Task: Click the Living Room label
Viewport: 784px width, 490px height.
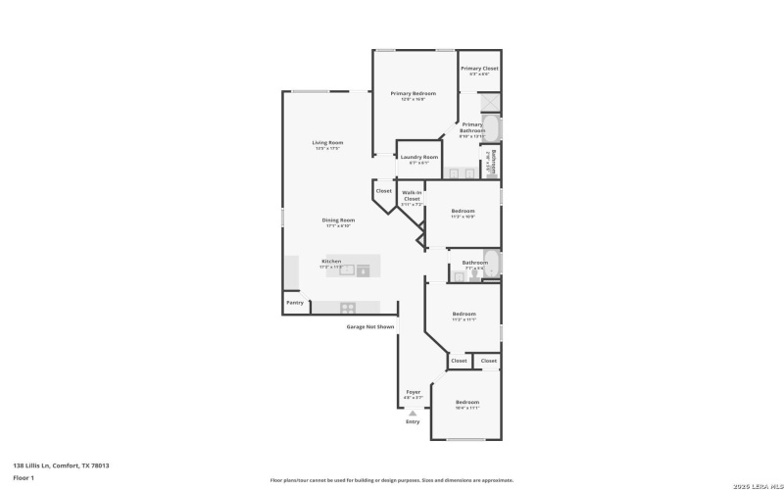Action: (x=326, y=143)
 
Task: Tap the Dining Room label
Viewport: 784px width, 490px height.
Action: (x=338, y=220)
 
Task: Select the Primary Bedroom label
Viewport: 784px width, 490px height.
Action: (x=413, y=94)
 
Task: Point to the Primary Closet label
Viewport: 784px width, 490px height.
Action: (x=479, y=69)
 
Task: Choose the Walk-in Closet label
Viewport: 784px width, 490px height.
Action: (x=412, y=196)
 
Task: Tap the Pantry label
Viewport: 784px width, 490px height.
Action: (x=294, y=303)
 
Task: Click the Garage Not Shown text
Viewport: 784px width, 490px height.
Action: (x=370, y=326)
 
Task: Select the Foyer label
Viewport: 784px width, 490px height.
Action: (x=413, y=392)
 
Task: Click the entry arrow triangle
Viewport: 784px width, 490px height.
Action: (x=413, y=413)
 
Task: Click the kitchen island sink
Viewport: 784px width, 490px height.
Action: (x=347, y=271)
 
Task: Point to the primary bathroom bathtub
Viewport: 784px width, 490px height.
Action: (x=493, y=129)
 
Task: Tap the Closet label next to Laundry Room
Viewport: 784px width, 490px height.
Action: (x=383, y=191)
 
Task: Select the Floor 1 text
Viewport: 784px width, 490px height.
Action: (x=24, y=477)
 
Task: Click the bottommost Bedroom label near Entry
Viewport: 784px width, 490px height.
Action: (x=466, y=403)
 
